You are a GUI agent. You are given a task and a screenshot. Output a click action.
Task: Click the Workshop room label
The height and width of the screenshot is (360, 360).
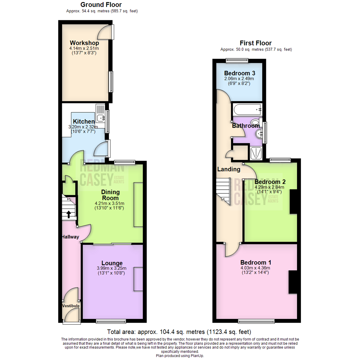(x=84, y=43)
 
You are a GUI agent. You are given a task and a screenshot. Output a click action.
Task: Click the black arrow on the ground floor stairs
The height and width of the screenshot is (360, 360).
(x=69, y=214)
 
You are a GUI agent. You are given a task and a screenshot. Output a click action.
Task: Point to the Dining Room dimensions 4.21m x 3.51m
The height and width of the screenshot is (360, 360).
(x=110, y=203)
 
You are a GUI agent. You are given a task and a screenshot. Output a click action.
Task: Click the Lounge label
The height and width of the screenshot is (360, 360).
(x=110, y=263)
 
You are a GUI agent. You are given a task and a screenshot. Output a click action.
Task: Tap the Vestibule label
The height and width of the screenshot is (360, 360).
(x=71, y=306)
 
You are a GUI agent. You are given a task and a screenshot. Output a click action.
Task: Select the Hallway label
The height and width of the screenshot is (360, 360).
(x=70, y=237)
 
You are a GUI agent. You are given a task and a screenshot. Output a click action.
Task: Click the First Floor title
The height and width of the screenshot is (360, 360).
(x=256, y=43)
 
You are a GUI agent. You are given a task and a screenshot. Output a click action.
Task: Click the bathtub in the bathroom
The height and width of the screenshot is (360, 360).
(x=247, y=109)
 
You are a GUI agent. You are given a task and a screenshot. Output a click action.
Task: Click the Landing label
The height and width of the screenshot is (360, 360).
(x=229, y=169)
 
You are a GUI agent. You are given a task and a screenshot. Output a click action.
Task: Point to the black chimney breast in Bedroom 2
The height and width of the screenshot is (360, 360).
(x=293, y=202)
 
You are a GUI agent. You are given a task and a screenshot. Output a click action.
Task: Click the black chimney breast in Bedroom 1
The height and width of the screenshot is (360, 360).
(x=292, y=282)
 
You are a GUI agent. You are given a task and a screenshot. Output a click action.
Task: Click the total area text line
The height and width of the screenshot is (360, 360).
(x=179, y=332)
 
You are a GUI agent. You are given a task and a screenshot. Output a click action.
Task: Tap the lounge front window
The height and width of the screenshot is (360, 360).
(x=111, y=321)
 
